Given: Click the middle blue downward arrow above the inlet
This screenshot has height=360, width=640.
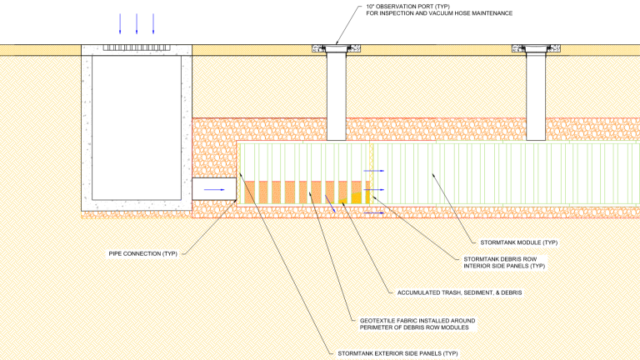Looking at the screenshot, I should point(137,23).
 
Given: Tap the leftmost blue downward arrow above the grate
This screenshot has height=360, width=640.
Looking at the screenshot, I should point(120,23).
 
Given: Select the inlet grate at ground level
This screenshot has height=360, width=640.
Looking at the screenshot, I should point(137,48).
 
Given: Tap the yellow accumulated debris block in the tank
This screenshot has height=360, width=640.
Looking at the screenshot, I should point(357,197).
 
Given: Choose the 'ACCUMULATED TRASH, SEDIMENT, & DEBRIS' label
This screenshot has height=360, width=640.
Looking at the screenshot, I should point(451,292).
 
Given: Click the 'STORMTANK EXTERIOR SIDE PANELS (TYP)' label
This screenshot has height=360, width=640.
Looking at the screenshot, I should point(391,353).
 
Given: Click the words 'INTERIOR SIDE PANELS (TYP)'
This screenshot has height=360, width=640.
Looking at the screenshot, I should point(504,266).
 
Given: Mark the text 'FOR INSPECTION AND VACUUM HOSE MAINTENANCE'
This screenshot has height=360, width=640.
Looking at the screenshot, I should point(439,14).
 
